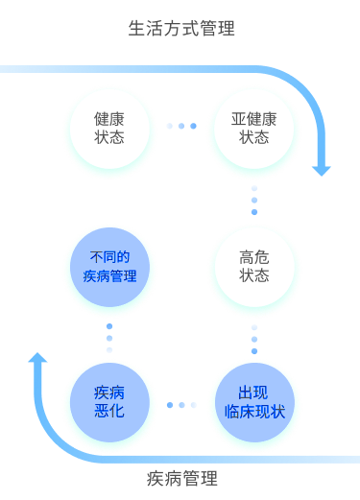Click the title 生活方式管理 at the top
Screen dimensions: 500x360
(x=181, y=29)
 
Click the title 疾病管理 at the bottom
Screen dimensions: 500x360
(x=181, y=478)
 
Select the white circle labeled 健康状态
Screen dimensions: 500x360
(x=109, y=128)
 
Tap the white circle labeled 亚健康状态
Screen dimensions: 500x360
(x=254, y=128)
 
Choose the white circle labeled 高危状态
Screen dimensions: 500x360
(x=254, y=266)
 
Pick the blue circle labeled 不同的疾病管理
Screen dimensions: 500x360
(x=109, y=266)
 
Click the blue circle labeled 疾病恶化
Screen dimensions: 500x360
(x=109, y=404)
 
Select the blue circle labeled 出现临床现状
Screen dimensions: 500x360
(x=254, y=404)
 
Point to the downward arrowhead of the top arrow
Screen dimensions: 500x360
(x=322, y=169)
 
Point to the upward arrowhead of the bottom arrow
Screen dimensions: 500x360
(x=38, y=358)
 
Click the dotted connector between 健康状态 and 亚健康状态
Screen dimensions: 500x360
(x=181, y=126)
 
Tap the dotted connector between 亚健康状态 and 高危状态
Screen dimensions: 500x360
(x=254, y=199)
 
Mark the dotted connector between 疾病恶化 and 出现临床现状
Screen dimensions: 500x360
(x=181, y=404)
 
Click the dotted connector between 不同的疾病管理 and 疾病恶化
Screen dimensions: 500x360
(x=109, y=337)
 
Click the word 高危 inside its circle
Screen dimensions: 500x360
(x=254, y=256)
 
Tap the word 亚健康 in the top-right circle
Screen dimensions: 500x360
(x=254, y=119)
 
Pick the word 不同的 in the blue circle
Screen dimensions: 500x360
(x=109, y=257)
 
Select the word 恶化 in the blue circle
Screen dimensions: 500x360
(x=109, y=413)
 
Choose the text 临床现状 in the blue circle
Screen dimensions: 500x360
(x=254, y=413)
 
